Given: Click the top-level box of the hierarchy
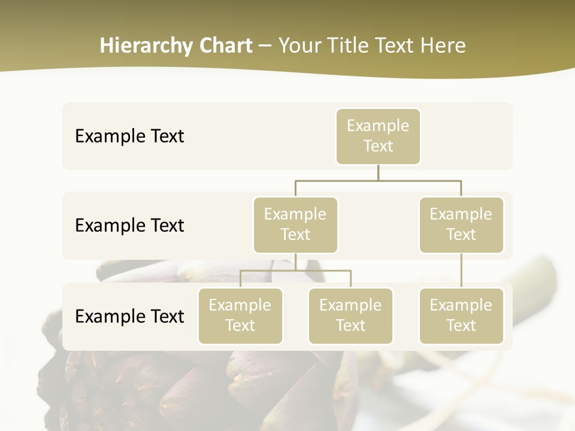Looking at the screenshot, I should (378, 136).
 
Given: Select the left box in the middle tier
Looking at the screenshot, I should (295, 224).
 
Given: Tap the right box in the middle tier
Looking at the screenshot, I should (461, 224).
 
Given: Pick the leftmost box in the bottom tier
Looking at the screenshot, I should (240, 315).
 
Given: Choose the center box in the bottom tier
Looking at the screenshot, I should (350, 315).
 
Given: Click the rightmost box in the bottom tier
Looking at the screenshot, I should (461, 315).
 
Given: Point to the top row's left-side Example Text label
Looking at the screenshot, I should (129, 136).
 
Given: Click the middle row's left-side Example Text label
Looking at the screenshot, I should (129, 226).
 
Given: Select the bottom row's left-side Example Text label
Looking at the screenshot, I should (129, 317).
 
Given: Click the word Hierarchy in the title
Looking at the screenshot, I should (145, 46).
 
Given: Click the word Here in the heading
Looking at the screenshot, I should (444, 45).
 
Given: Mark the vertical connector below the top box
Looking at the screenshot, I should (378, 172).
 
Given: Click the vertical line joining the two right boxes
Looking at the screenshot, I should (461, 271).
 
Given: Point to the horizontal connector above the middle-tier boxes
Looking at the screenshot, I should (378, 180).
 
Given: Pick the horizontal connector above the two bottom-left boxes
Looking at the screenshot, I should (295, 271).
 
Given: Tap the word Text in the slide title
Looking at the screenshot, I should (397, 45).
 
